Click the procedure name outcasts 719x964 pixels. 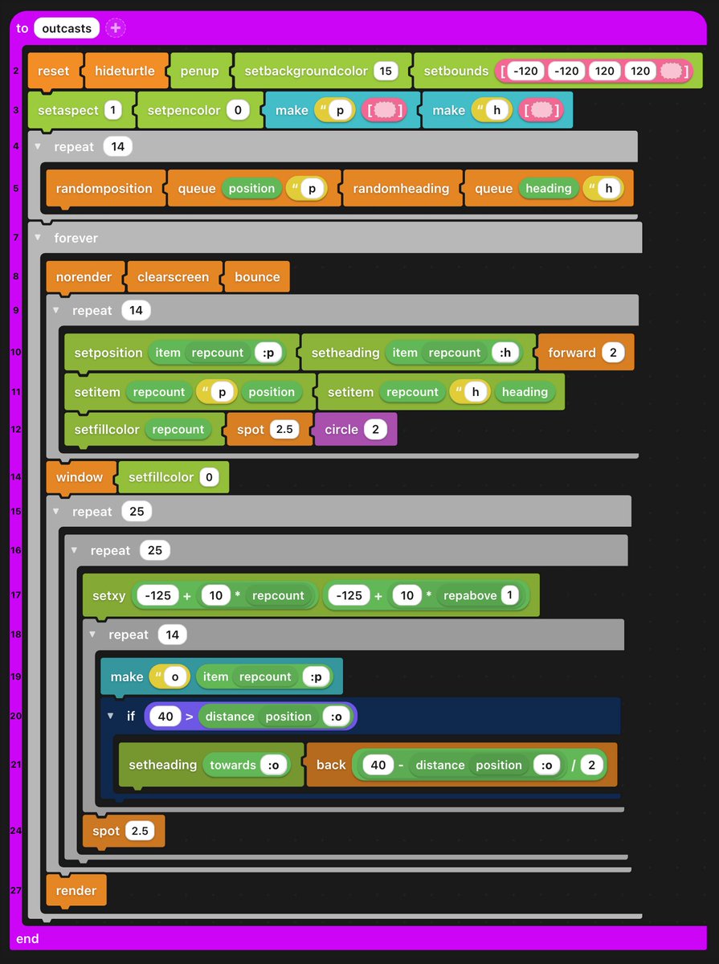coord(67,28)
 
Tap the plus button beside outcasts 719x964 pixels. coord(116,28)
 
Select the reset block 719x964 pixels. coord(53,71)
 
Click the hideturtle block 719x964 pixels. coord(127,71)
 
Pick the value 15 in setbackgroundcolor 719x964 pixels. coord(386,71)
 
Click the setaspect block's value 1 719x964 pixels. coord(112,110)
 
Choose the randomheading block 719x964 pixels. coord(401,188)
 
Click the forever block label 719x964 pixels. coord(76,238)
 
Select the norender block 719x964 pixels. coord(84,277)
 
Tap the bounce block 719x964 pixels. coord(257,277)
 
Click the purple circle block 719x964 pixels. coord(341,429)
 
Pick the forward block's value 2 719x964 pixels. coord(613,353)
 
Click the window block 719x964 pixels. coord(80,477)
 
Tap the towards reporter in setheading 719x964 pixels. coord(233,765)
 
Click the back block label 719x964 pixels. coord(330,765)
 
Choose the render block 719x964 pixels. coord(76,890)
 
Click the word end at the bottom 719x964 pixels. coord(27,938)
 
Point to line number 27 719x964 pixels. coord(15,890)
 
